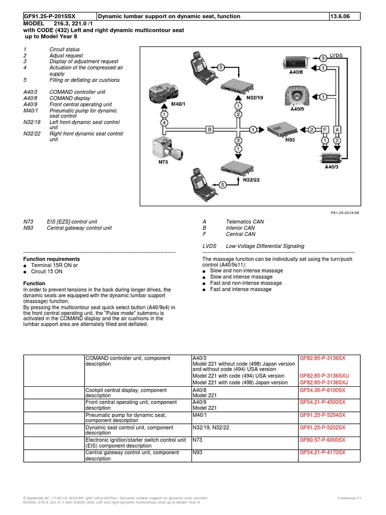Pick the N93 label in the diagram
289,140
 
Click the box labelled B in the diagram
209,129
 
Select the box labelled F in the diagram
325,129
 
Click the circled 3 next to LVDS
323,59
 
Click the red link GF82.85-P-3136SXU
324,376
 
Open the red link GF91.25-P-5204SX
322,415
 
